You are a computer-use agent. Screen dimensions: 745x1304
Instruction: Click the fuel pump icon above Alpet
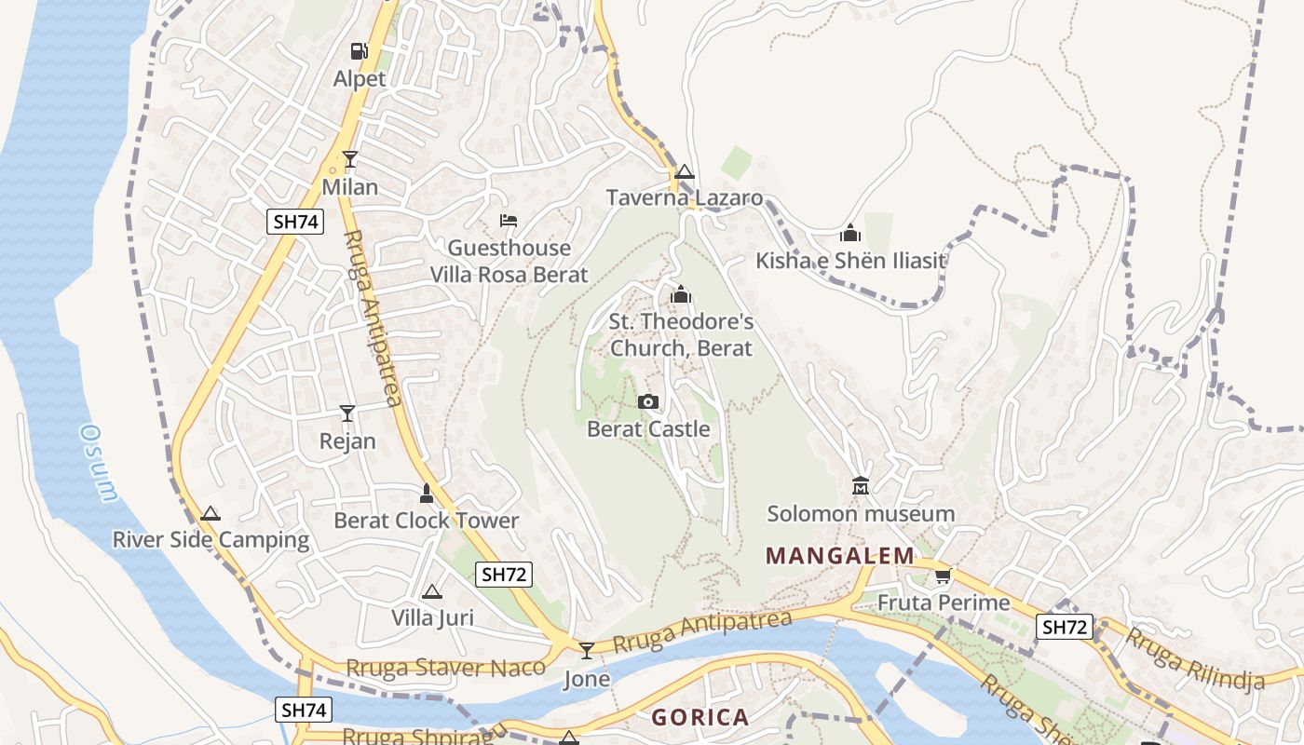[x=360, y=50]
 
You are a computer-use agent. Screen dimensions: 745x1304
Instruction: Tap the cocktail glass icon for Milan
[x=350, y=159]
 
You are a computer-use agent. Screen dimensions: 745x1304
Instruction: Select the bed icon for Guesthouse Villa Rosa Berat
[x=509, y=221]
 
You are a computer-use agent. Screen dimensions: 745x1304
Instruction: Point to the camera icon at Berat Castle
[x=648, y=401]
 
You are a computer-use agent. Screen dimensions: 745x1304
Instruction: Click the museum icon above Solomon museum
[x=860, y=485]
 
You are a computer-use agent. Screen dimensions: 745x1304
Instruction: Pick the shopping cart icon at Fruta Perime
[x=944, y=576]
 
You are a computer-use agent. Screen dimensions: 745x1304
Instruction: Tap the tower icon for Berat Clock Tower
[x=427, y=493]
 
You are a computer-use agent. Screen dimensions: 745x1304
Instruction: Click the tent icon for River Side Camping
[x=211, y=513]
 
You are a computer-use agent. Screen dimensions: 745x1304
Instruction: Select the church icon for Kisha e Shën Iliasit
[x=849, y=233]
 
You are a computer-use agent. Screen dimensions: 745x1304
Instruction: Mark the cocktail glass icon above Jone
[x=587, y=650]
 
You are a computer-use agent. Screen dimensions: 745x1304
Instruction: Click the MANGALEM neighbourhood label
[x=840, y=556]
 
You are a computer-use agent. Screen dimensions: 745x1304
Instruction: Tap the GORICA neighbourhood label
[x=700, y=717]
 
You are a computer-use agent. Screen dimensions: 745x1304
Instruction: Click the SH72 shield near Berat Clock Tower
[x=504, y=575]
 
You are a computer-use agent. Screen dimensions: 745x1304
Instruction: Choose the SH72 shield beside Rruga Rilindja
[x=1065, y=627]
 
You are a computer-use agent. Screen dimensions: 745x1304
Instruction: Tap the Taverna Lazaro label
[x=685, y=197]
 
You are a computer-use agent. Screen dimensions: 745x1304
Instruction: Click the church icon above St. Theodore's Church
[x=681, y=294]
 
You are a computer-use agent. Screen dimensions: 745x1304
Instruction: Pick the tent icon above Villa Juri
[x=431, y=591]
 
